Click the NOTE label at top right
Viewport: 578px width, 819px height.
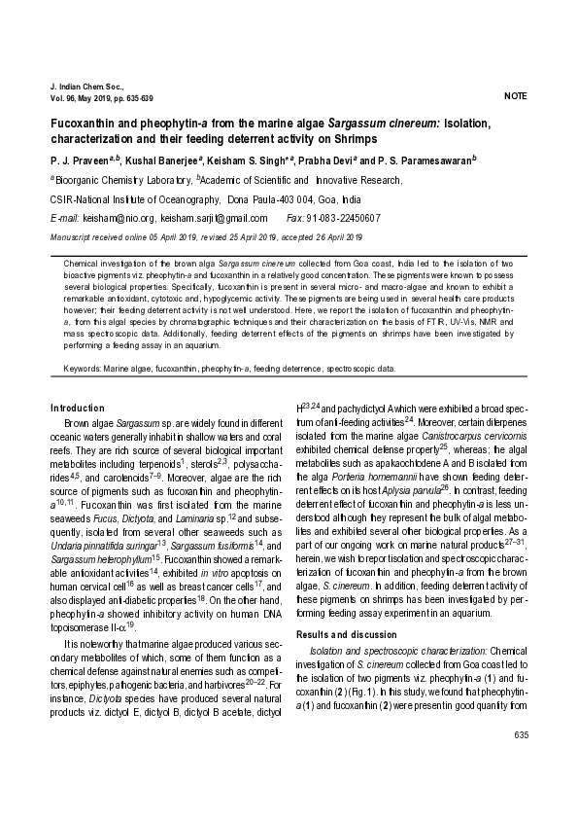(x=516, y=97)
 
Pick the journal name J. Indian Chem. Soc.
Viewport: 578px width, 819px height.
(x=83, y=87)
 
